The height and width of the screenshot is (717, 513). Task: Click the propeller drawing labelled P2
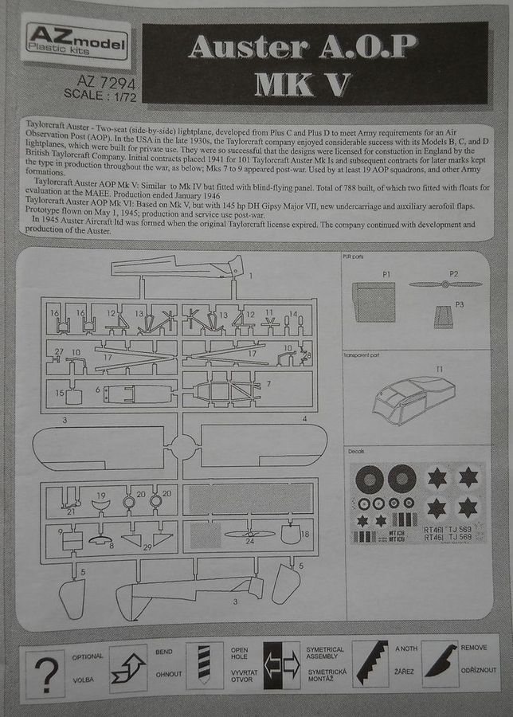[x=445, y=284]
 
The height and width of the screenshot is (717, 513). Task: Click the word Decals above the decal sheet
[x=357, y=451]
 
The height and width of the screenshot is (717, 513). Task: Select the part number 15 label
[x=60, y=394]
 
